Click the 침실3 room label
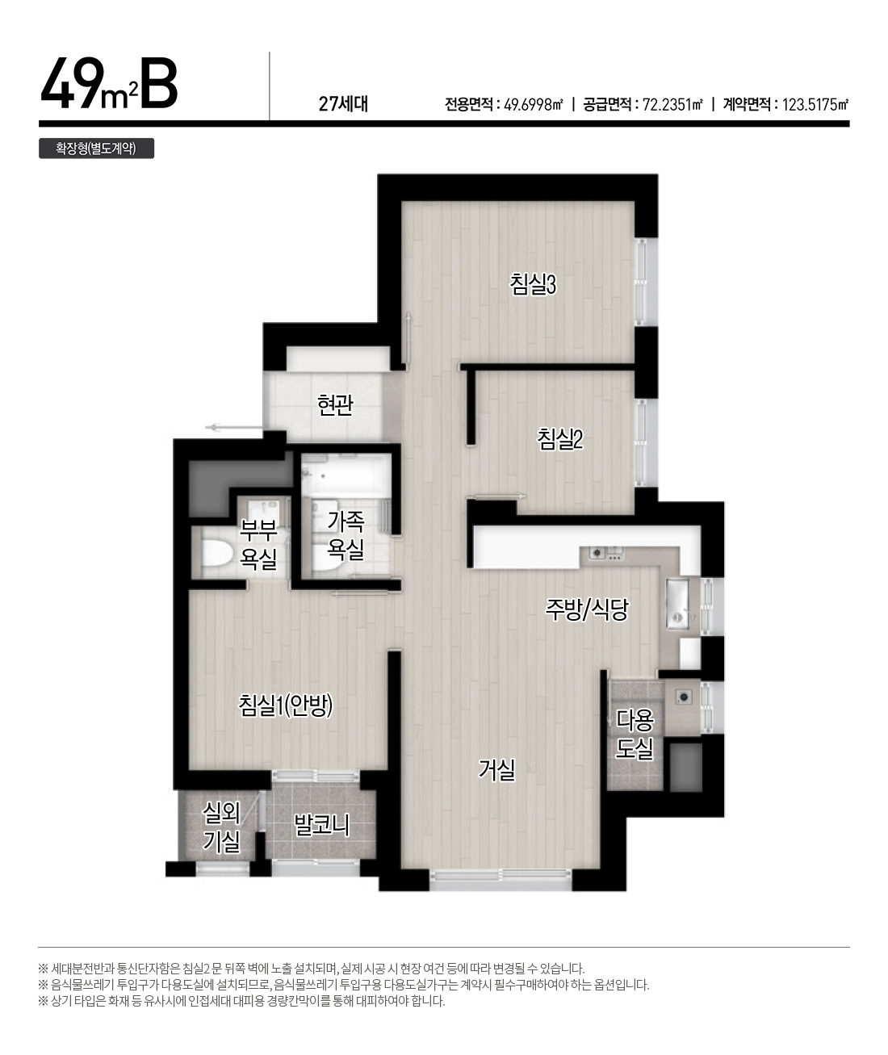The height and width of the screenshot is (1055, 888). [533, 283]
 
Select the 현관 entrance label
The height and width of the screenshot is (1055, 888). [335, 404]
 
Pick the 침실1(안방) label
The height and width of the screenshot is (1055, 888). [286, 705]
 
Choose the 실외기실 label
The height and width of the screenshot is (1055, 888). [221, 827]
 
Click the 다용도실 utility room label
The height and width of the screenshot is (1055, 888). [635, 735]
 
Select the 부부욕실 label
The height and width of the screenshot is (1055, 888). [258, 544]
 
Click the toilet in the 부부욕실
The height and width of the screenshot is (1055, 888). [217, 555]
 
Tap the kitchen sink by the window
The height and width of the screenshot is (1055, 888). [678, 604]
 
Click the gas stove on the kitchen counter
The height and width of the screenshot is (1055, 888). [605, 553]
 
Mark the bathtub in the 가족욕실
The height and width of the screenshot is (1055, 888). [346, 473]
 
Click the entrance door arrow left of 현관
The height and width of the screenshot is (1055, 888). [233, 428]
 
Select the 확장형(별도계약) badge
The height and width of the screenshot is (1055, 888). [97, 148]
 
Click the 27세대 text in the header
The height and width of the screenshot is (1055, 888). [343, 104]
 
